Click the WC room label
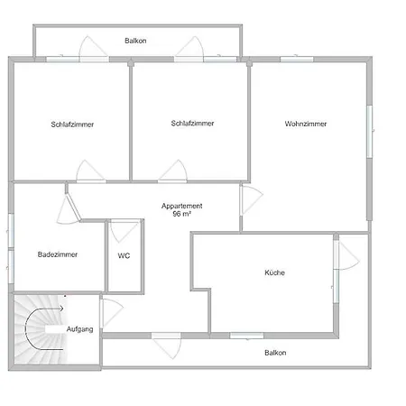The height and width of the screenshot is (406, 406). click(x=124, y=255)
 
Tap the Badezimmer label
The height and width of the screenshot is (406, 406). click(x=58, y=254)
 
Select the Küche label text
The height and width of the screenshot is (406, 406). click(x=274, y=272)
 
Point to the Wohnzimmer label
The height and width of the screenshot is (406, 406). click(x=306, y=124)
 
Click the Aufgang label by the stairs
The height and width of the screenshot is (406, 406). click(x=79, y=329)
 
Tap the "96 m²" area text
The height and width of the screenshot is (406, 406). click(x=182, y=214)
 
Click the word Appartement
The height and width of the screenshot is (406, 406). click(x=181, y=206)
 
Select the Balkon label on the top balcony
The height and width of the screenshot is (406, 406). click(x=135, y=41)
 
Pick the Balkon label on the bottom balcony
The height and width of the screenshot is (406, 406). click(x=275, y=353)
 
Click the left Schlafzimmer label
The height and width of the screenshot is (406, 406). click(x=72, y=125)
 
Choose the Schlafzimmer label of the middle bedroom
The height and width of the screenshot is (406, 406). click(x=192, y=123)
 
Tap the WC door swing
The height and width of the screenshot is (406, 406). click(x=124, y=231)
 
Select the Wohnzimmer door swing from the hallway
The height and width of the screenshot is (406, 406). click(x=252, y=199)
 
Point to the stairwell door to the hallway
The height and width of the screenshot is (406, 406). click(x=112, y=313)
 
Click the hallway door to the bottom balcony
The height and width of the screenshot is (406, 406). click(x=166, y=346)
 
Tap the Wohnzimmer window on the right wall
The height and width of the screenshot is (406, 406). click(x=370, y=131)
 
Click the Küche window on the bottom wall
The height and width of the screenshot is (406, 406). click(x=246, y=336)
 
